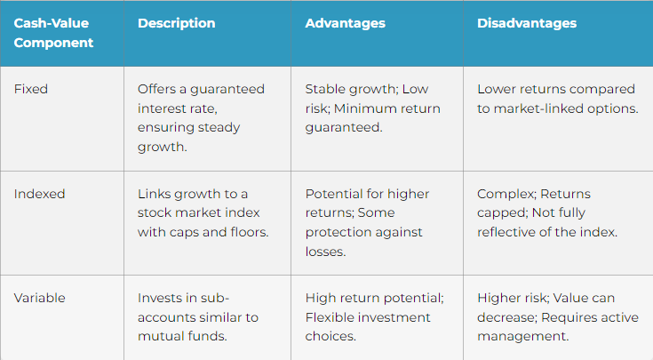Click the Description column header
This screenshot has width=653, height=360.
177,23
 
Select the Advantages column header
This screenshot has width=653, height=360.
346,23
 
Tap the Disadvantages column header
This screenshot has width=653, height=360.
527,23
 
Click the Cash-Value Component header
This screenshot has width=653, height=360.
53,33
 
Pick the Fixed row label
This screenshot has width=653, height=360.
31,89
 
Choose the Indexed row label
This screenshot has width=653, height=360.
40,194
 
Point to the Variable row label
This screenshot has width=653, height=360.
40,298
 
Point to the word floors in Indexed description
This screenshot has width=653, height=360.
249,232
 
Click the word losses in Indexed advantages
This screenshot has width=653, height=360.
325,252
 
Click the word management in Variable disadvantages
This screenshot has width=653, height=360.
522,337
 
